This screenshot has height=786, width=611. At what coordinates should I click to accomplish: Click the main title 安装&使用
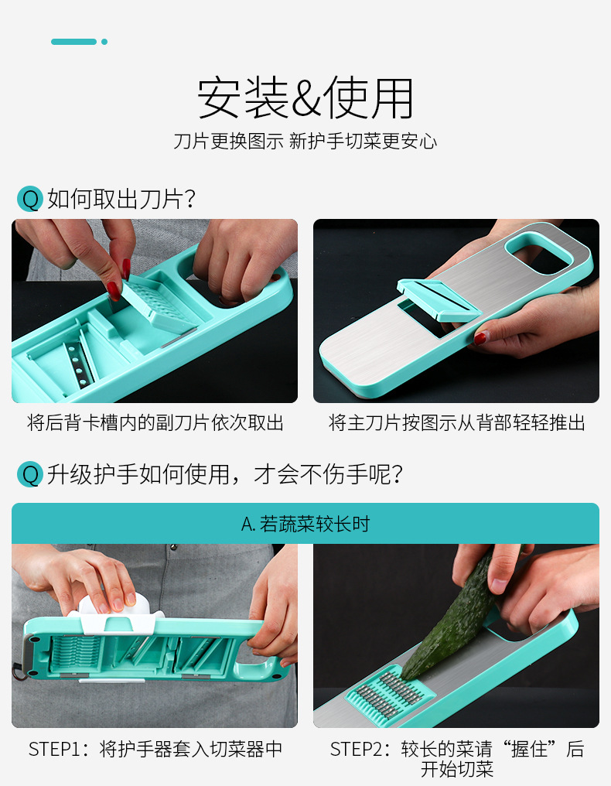click(305, 97)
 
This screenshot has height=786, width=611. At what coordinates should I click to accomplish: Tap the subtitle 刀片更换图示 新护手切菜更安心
click(305, 142)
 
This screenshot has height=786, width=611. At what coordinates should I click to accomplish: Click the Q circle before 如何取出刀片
click(29, 199)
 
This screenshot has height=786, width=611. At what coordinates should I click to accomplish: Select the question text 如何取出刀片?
click(121, 199)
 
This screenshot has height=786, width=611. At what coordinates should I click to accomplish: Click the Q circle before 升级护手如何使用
click(29, 474)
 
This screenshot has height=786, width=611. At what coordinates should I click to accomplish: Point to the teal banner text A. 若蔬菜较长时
click(305, 524)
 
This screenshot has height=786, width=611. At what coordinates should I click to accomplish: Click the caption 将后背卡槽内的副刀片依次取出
click(155, 422)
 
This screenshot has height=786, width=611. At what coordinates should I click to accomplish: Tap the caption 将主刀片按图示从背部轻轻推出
click(456, 422)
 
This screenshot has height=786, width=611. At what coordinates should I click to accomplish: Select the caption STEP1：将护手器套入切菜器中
click(155, 749)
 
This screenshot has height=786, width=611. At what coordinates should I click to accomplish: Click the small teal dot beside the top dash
click(104, 42)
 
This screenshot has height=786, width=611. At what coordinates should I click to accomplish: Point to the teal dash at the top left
click(73, 42)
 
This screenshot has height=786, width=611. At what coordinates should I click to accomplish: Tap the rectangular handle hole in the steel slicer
click(539, 253)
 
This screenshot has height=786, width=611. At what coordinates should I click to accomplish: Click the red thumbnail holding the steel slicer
click(481, 338)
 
